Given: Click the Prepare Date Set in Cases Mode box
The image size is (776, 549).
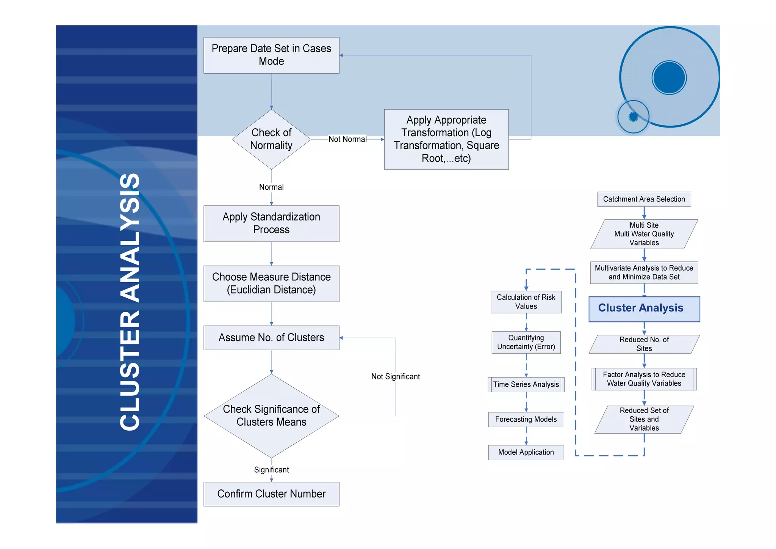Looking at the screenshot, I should click(x=271, y=55).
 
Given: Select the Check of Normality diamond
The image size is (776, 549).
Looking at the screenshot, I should click(x=271, y=139).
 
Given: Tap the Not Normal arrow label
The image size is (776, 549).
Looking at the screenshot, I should click(x=347, y=139).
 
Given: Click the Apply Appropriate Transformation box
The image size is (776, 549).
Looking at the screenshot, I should click(x=446, y=139).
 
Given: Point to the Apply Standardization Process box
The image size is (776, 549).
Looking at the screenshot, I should click(x=271, y=223).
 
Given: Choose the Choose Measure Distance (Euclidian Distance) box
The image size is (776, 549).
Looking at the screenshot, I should click(x=271, y=283).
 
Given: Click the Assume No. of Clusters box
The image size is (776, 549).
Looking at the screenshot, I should click(x=271, y=337).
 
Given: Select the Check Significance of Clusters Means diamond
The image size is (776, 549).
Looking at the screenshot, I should click(x=271, y=416).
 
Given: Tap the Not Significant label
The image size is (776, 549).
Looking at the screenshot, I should click(x=395, y=376).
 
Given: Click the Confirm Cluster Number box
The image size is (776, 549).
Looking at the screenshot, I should click(x=271, y=494).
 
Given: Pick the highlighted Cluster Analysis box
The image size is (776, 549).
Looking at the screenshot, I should click(x=644, y=309).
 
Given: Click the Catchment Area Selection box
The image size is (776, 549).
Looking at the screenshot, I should click(x=644, y=199).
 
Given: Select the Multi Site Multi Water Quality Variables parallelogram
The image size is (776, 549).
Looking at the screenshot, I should click(x=644, y=234).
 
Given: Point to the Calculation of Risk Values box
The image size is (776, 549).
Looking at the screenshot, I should click(x=526, y=302).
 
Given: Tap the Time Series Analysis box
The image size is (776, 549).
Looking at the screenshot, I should click(x=526, y=384).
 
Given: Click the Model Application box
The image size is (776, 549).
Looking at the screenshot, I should click(x=526, y=452).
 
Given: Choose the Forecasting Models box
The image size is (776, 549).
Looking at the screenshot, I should click(x=526, y=419).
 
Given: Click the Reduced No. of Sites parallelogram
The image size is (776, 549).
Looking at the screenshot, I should click(x=644, y=344).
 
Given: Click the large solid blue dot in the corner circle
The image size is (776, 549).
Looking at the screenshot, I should click(x=669, y=77).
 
